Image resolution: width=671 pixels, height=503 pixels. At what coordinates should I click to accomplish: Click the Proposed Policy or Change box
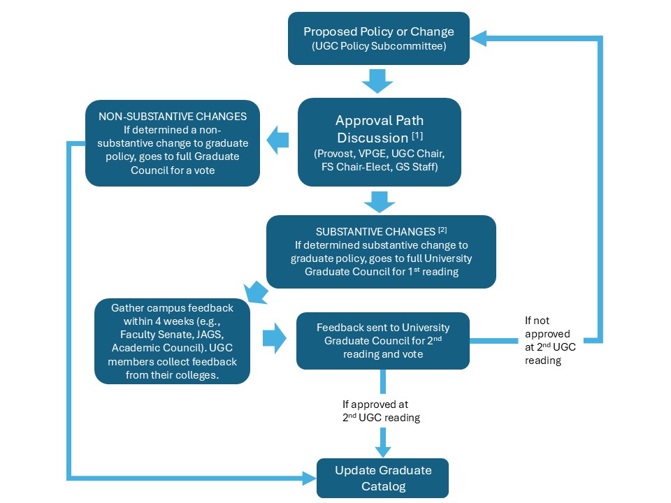(x=378, y=38)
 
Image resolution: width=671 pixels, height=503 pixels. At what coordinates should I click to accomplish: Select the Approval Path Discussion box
(x=379, y=142)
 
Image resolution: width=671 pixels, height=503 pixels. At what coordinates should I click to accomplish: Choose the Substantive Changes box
(x=381, y=251)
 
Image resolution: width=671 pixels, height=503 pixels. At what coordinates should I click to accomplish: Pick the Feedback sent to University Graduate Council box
(x=382, y=340)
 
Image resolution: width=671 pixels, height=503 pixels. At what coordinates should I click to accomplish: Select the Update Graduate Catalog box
(x=382, y=477)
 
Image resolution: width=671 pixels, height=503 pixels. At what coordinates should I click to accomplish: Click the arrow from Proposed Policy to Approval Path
(x=378, y=80)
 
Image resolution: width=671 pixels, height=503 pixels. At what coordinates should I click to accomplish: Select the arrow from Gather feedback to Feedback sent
(x=274, y=340)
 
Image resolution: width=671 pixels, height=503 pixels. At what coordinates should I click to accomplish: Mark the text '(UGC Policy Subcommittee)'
(x=378, y=47)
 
